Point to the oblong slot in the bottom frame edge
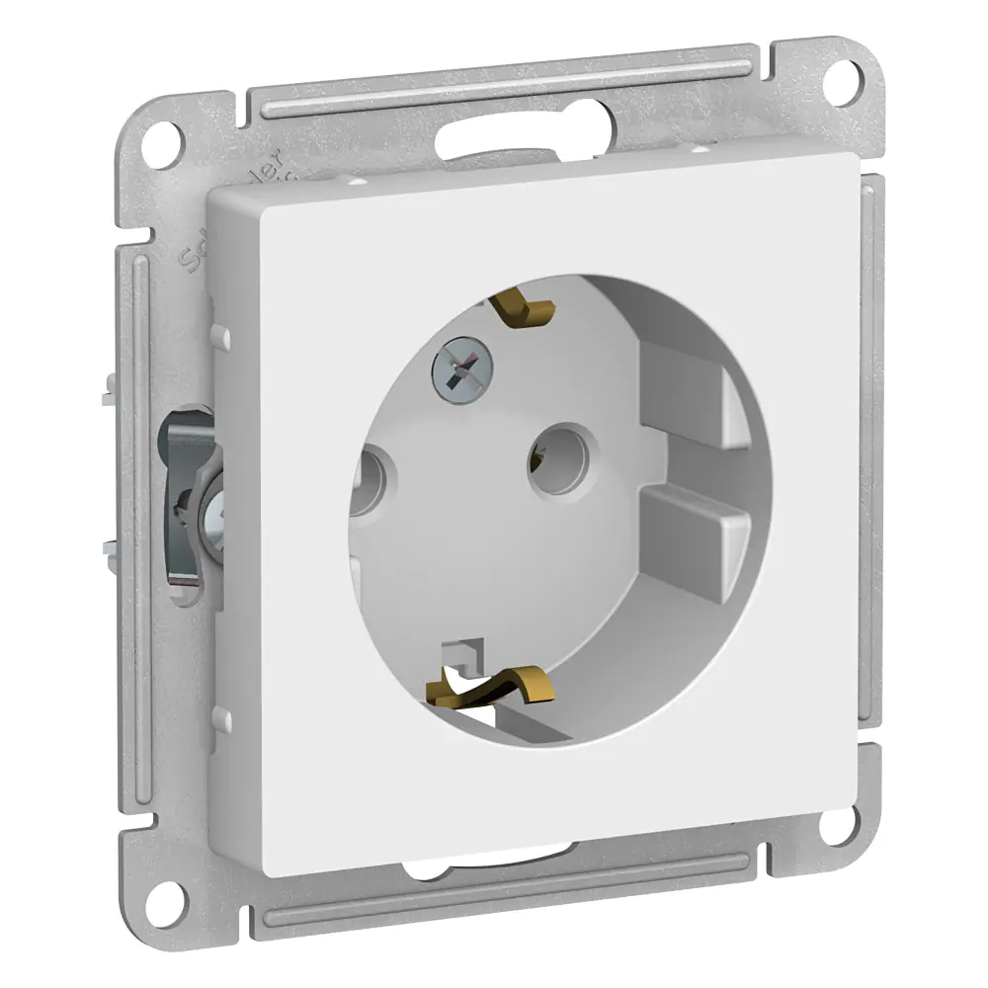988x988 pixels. tap(494, 865)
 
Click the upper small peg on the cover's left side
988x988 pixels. tap(221, 337)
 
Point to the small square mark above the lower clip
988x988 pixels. tap(459, 652)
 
